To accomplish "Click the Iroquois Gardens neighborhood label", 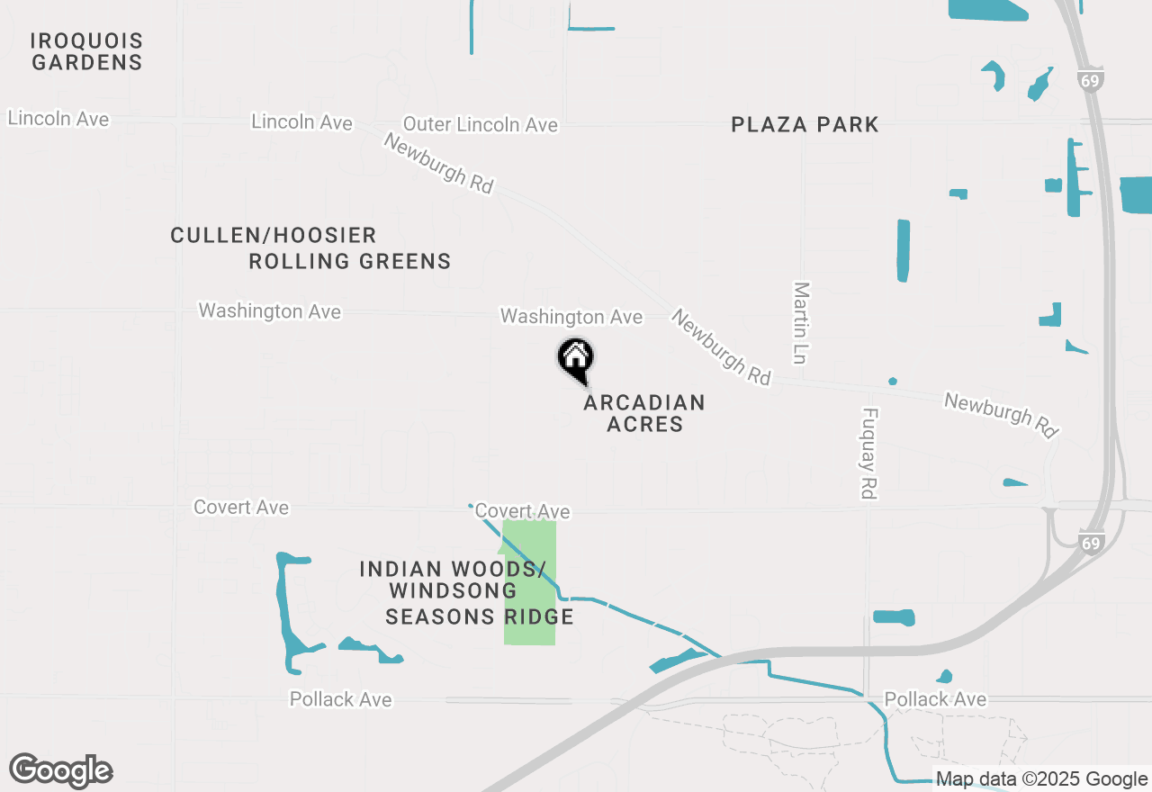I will (86, 51).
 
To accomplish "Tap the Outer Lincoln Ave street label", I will (480, 124).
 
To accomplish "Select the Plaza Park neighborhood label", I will (805, 124).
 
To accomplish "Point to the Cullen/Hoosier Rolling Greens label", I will (310, 248).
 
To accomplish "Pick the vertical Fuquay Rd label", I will (868, 454).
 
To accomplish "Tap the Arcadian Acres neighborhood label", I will (643, 413).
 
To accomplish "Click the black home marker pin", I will (575, 359).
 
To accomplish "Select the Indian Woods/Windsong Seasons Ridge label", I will (465, 592).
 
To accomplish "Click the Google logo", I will (61, 770).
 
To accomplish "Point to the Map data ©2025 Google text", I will (1041, 779).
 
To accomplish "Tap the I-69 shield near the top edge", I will (1090, 80).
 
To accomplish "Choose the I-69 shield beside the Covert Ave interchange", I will (1091, 543).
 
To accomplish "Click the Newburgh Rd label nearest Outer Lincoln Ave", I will (438, 163).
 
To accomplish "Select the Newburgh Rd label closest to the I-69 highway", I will (1000, 415).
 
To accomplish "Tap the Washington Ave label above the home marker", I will (571, 317).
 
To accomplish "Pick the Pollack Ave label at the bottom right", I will (935, 699).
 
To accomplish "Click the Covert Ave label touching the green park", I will (522, 511).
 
